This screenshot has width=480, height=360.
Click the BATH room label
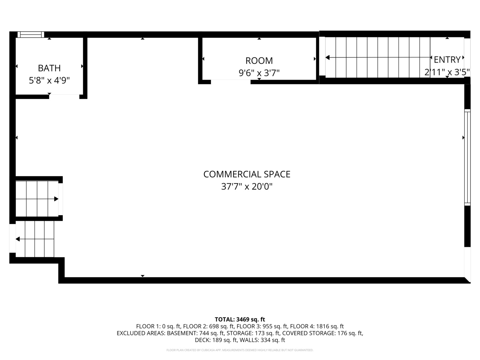pos(49,68)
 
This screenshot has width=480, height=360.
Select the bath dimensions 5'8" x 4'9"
pos(49,80)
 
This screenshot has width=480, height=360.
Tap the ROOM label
pos(259,61)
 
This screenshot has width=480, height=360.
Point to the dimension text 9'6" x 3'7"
pos(259,73)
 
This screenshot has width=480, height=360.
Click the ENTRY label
pos(447,60)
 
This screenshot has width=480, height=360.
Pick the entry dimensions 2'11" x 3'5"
pos(447,72)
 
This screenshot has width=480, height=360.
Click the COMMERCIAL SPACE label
pos(247,174)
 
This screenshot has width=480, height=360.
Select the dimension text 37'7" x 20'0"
pos(247,187)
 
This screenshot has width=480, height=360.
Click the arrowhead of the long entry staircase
pos(327,58)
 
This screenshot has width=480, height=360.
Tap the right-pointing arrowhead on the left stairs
pos(56,199)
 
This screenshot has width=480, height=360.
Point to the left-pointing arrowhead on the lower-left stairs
pos(18,239)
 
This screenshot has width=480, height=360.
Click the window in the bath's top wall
pos(31,34)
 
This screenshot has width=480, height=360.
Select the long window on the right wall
pos(467,157)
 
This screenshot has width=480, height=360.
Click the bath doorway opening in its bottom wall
pos(64,97)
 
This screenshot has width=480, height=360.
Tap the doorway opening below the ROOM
pos(231,82)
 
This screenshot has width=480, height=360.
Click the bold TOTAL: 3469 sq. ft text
pos(240,319)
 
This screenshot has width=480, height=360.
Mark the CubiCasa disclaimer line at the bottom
pos(240,350)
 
